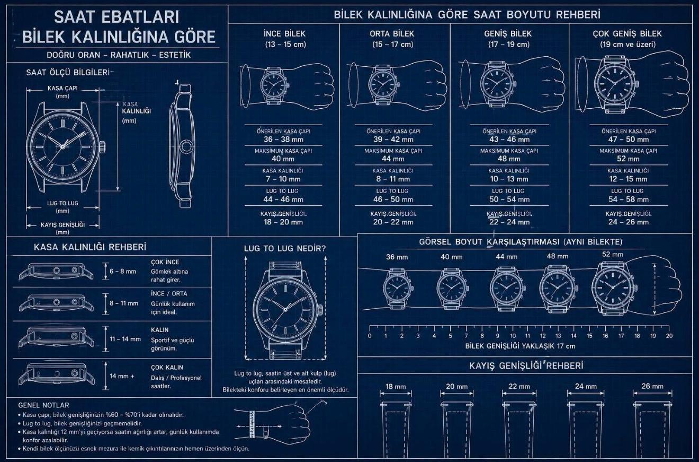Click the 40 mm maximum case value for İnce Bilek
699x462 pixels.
coord(283,159)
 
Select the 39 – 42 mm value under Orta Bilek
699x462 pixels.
coord(393,140)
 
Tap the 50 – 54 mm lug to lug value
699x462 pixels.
coord(509,199)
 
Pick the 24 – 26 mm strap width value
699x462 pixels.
coord(628,222)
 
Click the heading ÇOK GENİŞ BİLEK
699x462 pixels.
coord(627,33)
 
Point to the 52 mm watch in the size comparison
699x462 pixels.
coord(613,288)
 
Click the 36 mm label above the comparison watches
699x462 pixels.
coord(397,257)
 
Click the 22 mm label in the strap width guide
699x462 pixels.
coord(519,386)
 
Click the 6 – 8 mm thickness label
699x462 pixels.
coord(123,272)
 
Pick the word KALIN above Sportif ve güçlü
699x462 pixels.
coord(160,330)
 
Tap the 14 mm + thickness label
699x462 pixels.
coord(122,376)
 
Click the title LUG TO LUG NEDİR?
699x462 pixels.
coord(284,249)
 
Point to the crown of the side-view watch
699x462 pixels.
coord(186,146)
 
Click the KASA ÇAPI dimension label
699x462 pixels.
coord(62,88)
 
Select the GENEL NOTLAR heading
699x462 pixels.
coord(43,405)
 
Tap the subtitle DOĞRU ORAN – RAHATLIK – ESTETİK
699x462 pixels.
coord(119,55)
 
